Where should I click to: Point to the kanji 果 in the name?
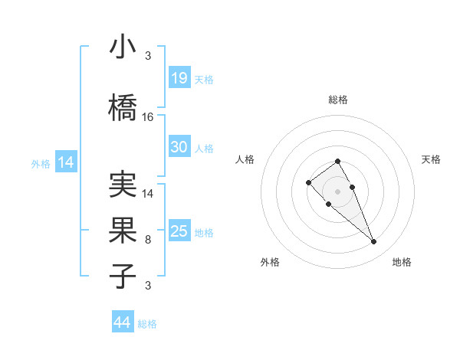[123, 230]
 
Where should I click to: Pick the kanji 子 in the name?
[123, 276]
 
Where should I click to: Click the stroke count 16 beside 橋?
[148, 117]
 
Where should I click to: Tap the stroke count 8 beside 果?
[148, 240]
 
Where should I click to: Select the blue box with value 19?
[179, 78]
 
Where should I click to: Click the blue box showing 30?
[179, 147]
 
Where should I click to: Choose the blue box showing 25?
[179, 231]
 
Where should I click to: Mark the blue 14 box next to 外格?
[65, 162]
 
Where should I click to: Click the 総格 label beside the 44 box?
[147, 324]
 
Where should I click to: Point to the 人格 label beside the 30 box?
[204, 149]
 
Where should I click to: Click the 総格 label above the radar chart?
[337, 100]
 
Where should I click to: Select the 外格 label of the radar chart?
[270, 262]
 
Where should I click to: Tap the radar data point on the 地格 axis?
[373, 242]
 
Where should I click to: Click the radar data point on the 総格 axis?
[337, 161]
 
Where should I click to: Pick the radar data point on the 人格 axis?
[308, 182]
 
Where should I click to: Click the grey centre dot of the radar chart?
[337, 191]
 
